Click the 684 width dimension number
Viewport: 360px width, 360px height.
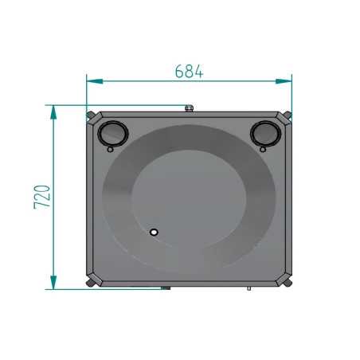coord(189,71)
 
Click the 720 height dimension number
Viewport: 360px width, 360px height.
coord(42,197)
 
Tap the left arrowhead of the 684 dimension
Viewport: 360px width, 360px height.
coord(95,81)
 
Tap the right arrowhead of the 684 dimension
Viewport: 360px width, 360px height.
coord(284,81)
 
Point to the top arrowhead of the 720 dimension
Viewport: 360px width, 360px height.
coord(53,112)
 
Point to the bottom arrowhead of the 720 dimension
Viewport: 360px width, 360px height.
coord(53,282)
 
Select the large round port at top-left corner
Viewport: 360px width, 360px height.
coord(113,134)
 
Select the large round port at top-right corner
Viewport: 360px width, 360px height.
coord(265,134)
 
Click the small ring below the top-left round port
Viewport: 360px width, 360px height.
coord(110,150)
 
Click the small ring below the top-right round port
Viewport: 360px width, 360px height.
coord(263,150)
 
